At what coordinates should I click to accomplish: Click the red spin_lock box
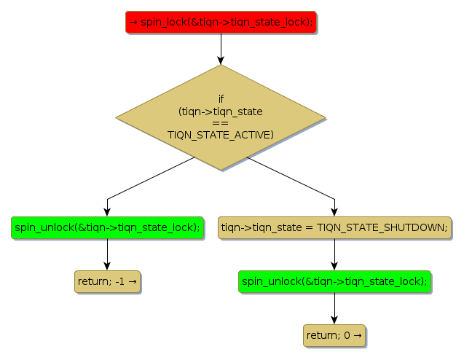[220, 22]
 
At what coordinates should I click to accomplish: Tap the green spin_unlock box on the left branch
[107, 227]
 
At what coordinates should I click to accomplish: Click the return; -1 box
[106, 281]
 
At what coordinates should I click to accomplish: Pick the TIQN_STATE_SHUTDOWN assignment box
[334, 227]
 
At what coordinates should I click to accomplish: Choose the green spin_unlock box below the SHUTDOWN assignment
[334, 281]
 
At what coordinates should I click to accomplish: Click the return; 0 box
[334, 335]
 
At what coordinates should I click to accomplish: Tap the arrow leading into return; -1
[107, 254]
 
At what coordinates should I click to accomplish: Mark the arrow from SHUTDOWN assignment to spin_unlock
[334, 254]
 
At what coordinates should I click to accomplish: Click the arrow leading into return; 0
[334, 308]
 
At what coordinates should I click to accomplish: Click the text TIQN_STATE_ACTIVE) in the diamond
[220, 135]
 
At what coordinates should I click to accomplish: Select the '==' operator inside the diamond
[220, 123]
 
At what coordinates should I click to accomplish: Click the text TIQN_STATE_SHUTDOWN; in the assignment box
[382, 227]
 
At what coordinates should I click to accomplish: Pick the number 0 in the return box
[347, 335]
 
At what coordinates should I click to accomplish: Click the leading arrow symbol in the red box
[133, 22]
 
